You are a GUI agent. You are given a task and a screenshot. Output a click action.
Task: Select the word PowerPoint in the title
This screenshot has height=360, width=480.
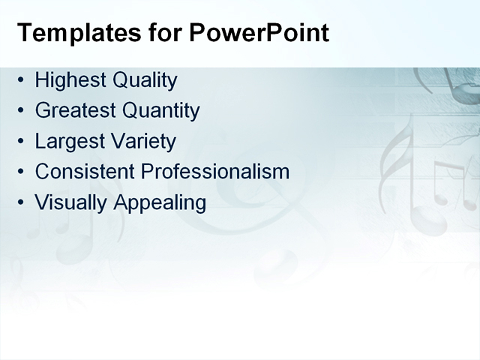(x=259, y=33)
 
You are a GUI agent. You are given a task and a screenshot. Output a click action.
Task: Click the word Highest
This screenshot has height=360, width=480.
(x=70, y=80)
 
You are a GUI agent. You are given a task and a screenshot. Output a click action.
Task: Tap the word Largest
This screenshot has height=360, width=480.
(x=67, y=141)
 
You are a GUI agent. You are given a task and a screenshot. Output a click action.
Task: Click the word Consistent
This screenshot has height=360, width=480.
(x=82, y=172)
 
